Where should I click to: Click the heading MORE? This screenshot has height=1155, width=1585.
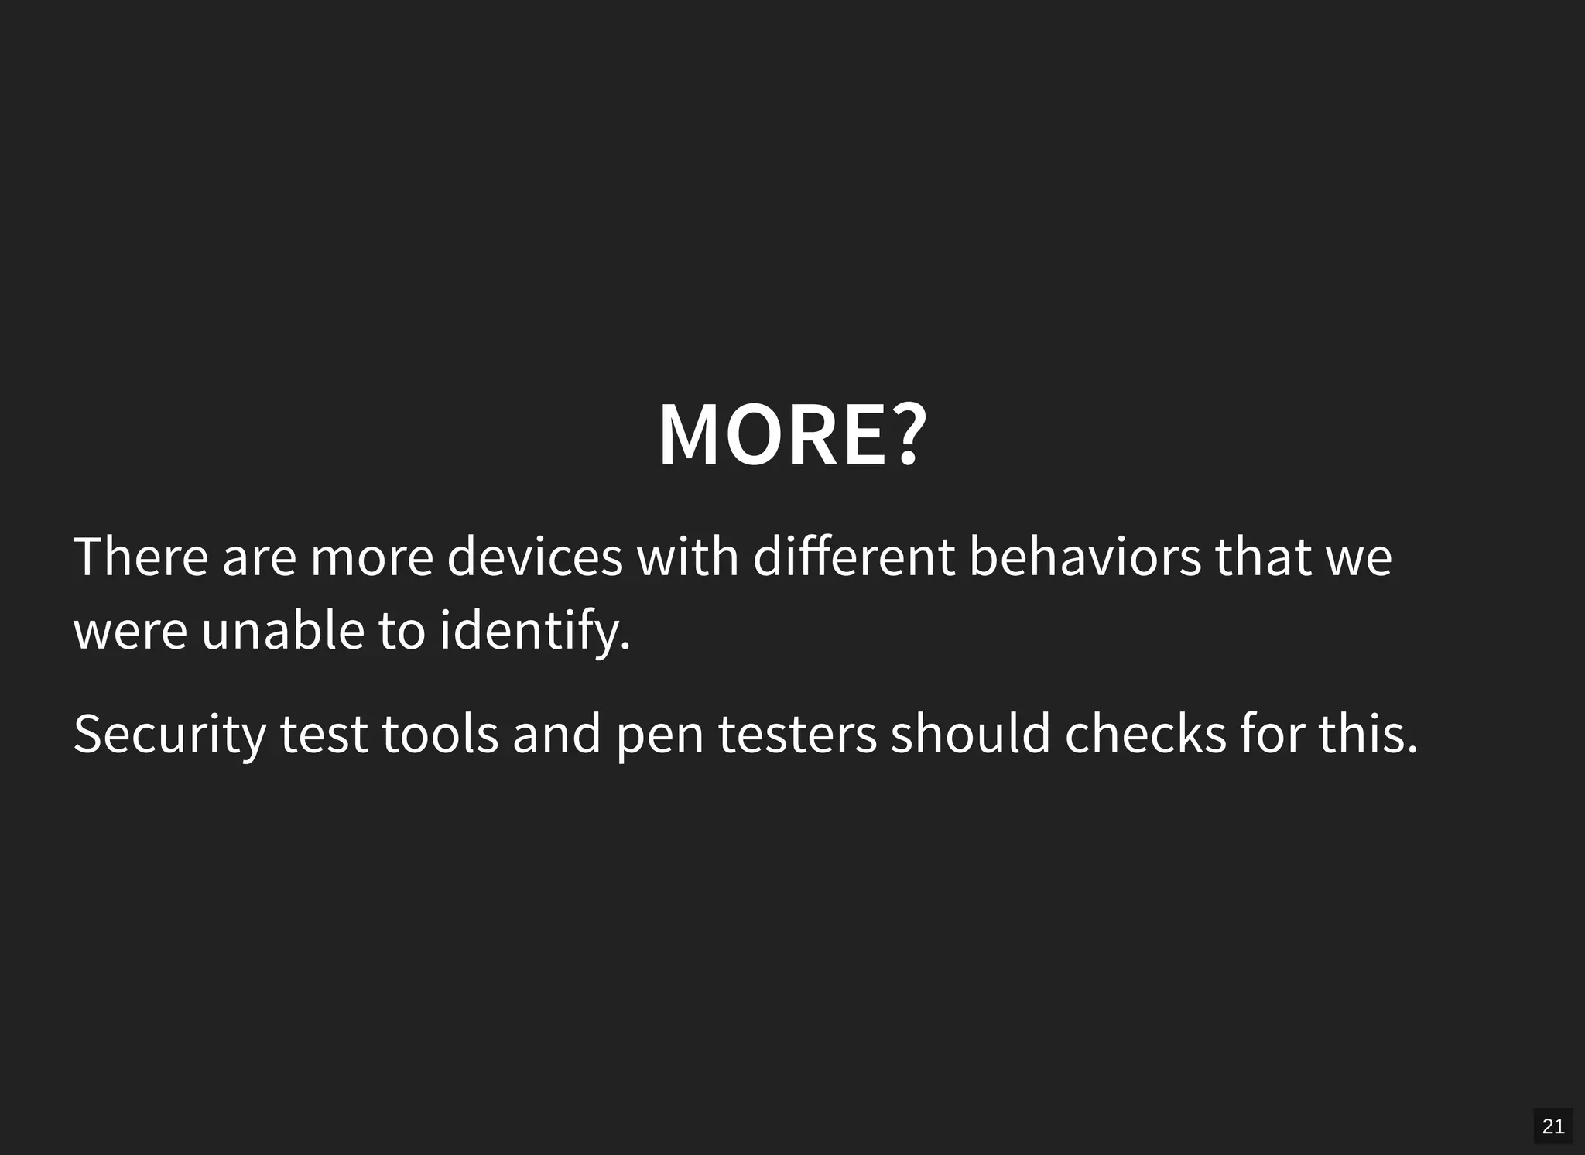click(792, 434)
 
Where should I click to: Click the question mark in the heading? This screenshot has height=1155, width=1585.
click(907, 434)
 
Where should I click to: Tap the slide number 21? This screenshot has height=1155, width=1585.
click(1552, 1126)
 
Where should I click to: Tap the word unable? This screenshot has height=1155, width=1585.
click(282, 630)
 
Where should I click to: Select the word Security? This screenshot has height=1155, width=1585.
click(169, 733)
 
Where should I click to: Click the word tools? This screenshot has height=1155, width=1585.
click(440, 733)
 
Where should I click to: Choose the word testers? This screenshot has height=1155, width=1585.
click(797, 733)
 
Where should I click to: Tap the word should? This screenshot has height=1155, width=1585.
click(971, 733)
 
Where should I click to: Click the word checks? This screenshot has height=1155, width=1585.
click(1145, 733)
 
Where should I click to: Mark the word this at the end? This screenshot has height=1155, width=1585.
click(1367, 733)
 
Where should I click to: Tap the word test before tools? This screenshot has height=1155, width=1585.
click(324, 735)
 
